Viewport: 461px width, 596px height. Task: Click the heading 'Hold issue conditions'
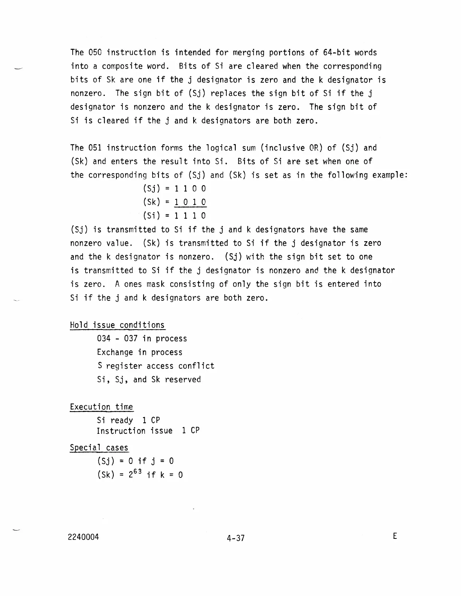point(117,325)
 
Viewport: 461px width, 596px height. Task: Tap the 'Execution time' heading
point(101,407)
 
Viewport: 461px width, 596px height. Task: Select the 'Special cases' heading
point(99,448)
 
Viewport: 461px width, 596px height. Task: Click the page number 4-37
point(236,538)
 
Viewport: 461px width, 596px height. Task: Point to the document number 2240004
point(84,537)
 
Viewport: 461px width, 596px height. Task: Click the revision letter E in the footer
point(395,536)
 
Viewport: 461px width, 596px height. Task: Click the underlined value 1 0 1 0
point(190,202)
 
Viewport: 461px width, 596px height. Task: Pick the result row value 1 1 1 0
point(190,216)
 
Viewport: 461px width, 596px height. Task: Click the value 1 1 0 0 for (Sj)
point(190,189)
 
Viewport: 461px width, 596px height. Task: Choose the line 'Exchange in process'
point(139,353)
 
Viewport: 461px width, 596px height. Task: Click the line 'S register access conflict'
point(156,366)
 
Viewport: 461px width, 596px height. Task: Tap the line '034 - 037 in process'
point(142,339)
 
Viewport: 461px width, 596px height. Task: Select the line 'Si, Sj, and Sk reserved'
point(149,380)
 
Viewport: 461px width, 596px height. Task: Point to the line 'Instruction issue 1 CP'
point(148,431)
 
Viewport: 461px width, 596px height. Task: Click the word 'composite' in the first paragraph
point(122,67)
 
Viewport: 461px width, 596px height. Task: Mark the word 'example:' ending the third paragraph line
point(390,175)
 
